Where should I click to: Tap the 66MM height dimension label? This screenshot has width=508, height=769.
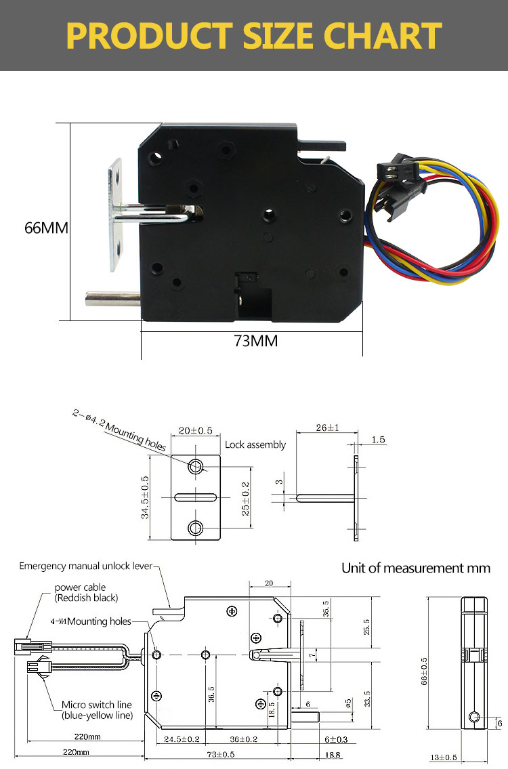46,228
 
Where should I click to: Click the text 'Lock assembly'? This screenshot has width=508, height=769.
255,445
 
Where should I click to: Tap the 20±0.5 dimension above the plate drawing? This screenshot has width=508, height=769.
195,431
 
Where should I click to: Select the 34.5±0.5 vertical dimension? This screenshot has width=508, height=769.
145,497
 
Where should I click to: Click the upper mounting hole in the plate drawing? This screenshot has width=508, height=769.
196,466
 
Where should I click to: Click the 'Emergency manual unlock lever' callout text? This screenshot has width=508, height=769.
86,566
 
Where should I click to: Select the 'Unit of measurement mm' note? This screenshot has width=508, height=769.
415,568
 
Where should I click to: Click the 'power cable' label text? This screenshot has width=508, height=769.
80,587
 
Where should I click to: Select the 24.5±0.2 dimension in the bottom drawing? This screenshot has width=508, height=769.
173,740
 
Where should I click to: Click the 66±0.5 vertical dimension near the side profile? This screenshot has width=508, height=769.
425,669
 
